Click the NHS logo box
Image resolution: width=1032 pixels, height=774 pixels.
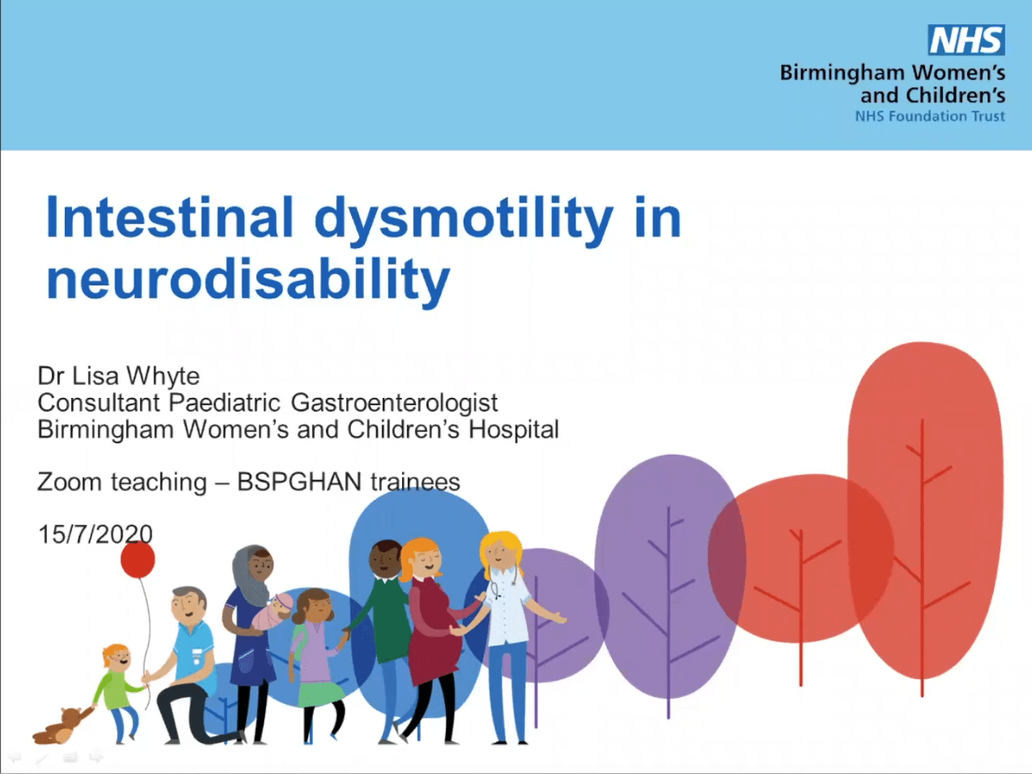[x=966, y=40]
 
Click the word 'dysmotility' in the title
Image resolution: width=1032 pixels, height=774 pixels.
[x=464, y=220]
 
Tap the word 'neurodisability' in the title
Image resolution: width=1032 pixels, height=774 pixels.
[x=247, y=280]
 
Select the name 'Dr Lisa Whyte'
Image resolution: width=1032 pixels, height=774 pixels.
[x=118, y=376]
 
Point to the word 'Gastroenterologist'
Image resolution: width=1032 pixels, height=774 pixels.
[x=394, y=403]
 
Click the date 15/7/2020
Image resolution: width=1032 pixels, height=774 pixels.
[x=95, y=534]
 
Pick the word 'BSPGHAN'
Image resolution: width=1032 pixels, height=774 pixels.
[x=299, y=482]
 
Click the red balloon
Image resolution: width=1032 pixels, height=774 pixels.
[x=138, y=560]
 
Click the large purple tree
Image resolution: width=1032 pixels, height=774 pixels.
[x=667, y=575]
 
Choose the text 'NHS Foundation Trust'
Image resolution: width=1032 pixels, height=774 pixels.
[x=929, y=117]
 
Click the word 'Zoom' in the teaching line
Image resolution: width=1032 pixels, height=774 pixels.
[x=68, y=482]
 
